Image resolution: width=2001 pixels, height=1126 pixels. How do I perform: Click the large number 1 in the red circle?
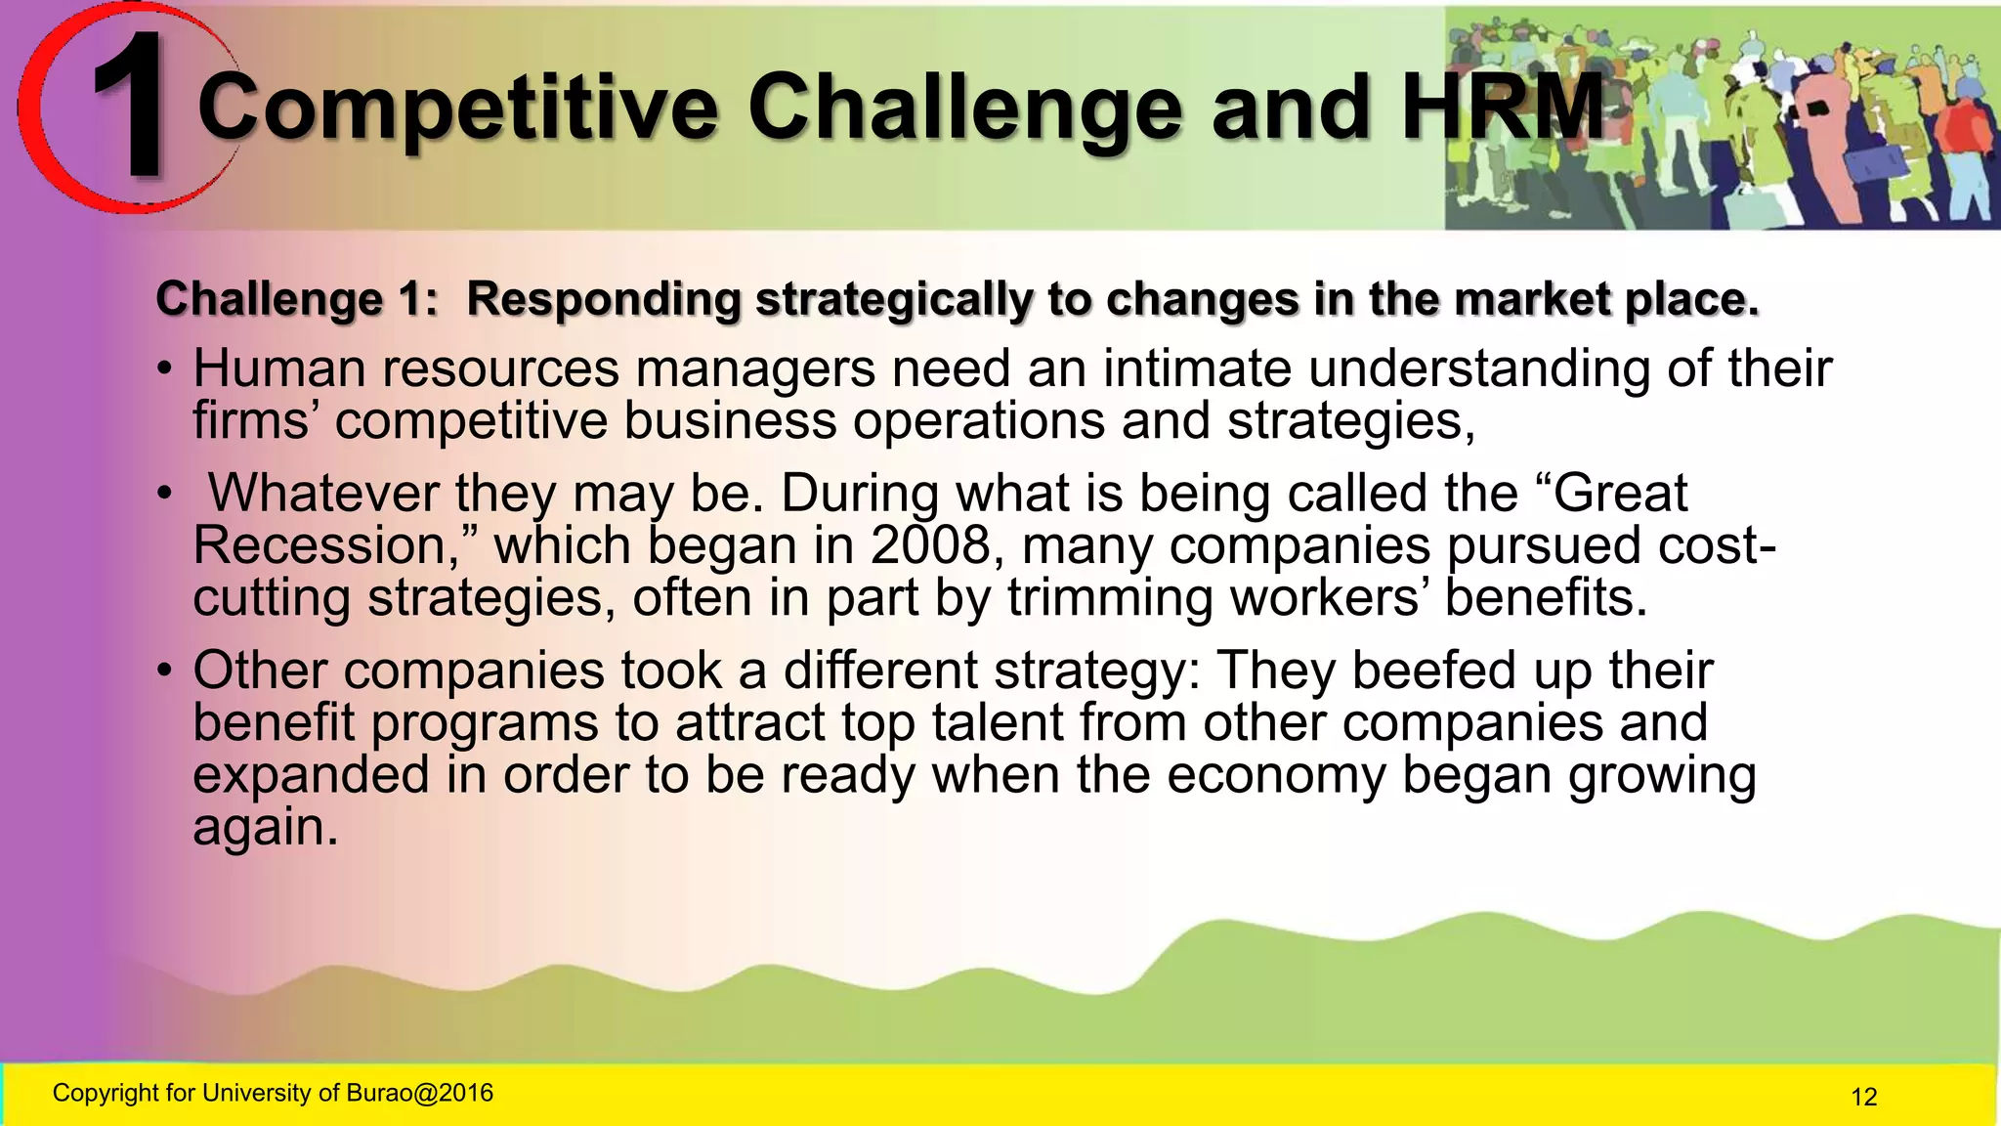pos(132,106)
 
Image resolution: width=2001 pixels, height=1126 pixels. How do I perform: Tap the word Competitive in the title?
pos(457,108)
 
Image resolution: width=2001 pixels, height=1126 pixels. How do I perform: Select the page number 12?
pos(1863,1097)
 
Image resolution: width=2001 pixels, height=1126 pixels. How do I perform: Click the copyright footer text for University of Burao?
pos(273,1093)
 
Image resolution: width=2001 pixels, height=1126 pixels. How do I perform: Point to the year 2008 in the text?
pos(930,544)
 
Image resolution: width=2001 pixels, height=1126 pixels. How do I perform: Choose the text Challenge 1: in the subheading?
pos(297,299)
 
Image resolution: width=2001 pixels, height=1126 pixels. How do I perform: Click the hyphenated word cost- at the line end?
pos(1716,544)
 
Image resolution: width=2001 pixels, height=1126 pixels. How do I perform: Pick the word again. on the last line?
pos(265,827)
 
